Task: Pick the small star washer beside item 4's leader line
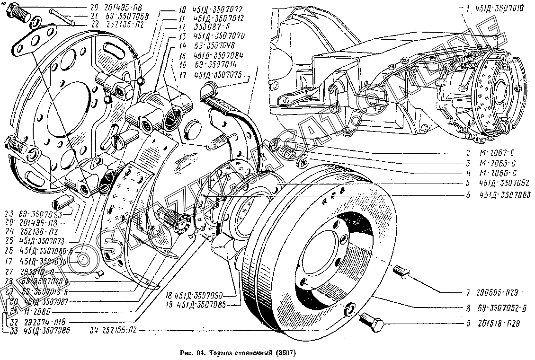click(303, 162)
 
